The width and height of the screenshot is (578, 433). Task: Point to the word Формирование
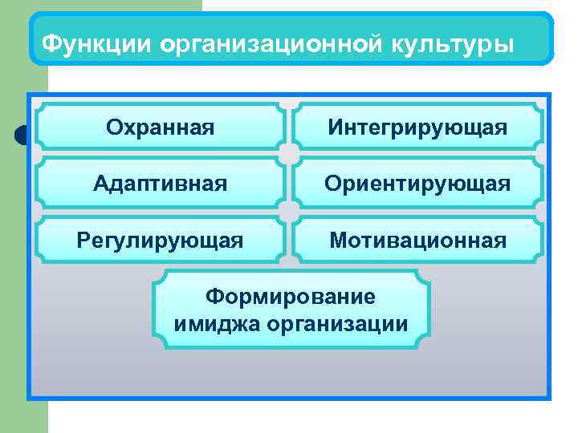pos(290,297)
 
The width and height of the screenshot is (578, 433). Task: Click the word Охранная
pos(161,127)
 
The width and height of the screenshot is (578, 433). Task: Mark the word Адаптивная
pos(161,184)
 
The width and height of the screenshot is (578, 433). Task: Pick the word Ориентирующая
pos(417,184)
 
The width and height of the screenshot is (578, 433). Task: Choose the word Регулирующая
pos(160,240)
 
